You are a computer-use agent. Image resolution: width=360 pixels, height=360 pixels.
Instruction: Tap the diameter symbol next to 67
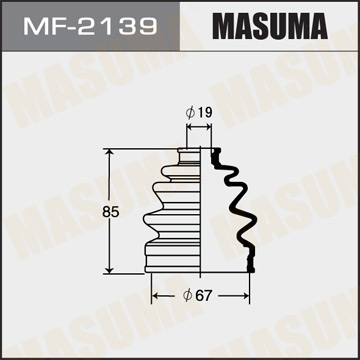click(x=188, y=295)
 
